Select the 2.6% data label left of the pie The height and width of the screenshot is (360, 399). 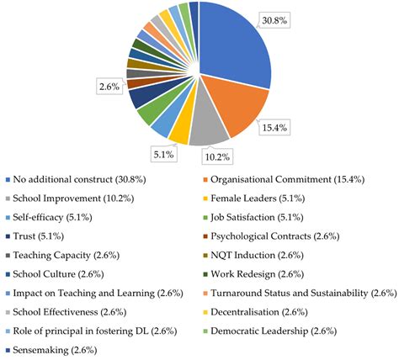coord(109,86)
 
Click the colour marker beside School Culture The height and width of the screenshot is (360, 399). coord(8,274)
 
